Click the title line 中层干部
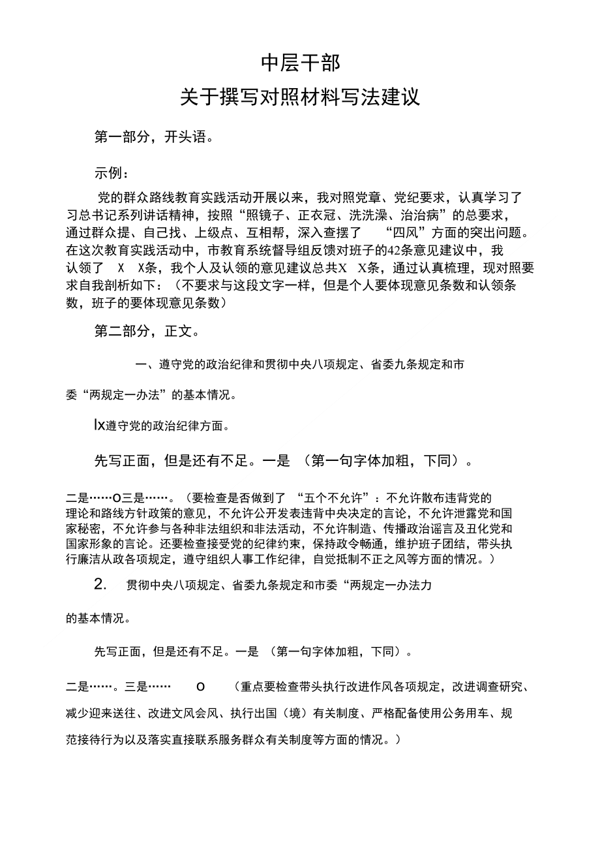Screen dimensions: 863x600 [x=300, y=63]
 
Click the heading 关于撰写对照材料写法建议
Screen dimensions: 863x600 [x=300, y=98]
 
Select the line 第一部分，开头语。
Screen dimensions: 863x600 [x=154, y=137]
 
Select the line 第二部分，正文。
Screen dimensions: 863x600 [x=147, y=331]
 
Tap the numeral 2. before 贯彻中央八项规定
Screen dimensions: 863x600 [x=100, y=585]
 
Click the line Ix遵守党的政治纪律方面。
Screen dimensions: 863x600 [x=162, y=426]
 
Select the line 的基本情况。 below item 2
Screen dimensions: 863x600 [x=98, y=618]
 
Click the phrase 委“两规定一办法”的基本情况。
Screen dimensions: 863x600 [x=151, y=394]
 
